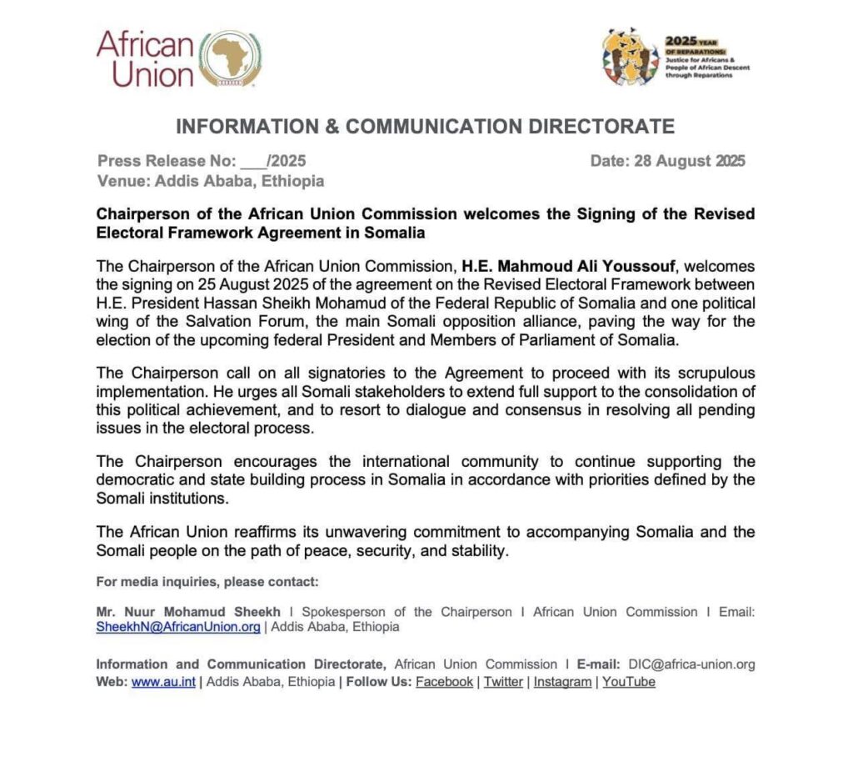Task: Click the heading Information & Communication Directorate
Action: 425,127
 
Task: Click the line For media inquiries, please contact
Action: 207,582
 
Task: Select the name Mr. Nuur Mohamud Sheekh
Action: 189,612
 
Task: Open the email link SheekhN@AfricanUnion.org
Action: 178,627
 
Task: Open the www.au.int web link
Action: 163,682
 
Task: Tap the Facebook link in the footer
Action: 444,682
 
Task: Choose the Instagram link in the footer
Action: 562,682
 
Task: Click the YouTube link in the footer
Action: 629,682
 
